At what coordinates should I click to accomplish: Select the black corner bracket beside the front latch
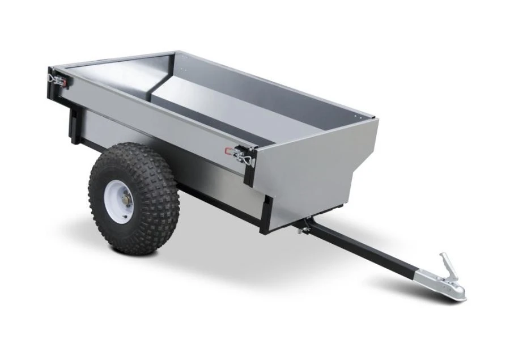(x=250, y=167)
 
